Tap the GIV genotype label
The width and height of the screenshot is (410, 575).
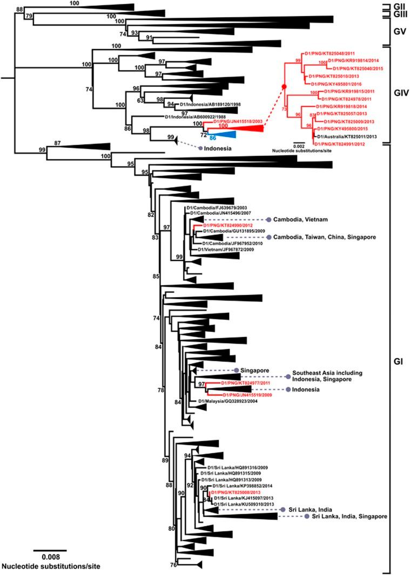coord(398,100)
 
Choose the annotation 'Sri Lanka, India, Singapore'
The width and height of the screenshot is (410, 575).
coord(352,516)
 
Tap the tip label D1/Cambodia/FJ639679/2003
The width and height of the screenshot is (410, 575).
coord(211,208)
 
